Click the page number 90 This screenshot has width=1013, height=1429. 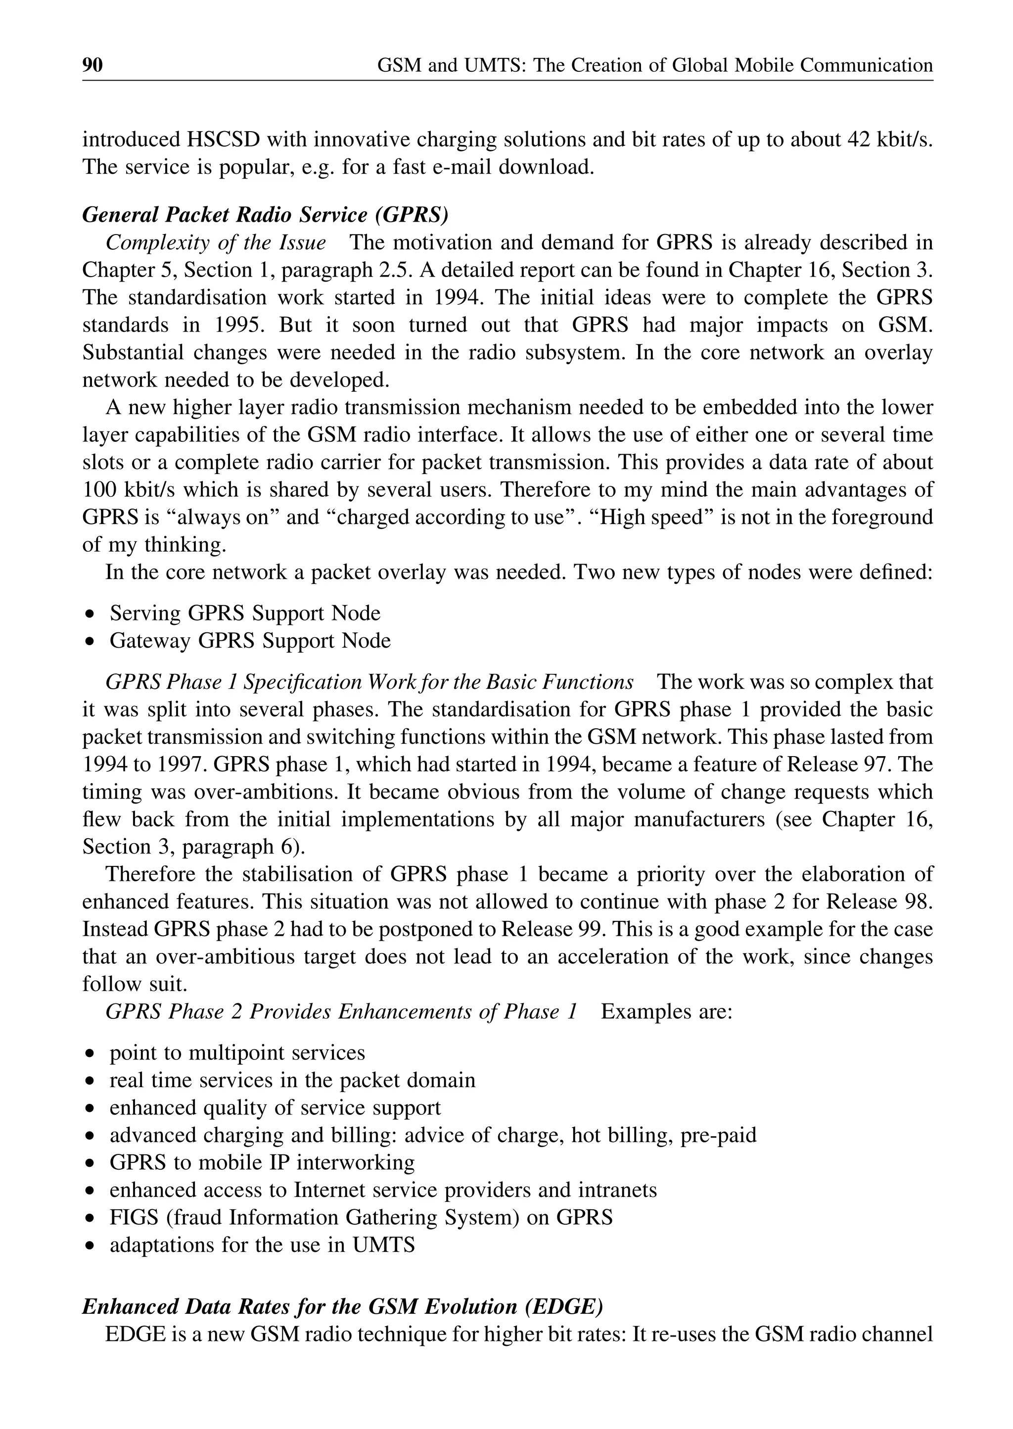(92, 65)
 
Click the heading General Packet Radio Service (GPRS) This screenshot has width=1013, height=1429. (265, 215)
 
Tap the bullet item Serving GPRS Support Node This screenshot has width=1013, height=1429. (244, 614)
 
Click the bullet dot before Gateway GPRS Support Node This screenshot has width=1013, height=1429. (91, 641)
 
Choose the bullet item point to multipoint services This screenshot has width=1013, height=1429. (237, 1053)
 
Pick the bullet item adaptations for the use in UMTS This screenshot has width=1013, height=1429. (262, 1245)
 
